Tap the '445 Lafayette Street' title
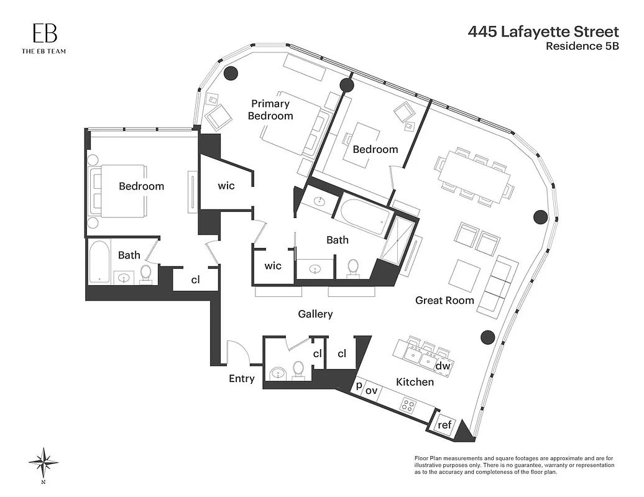pyautogui.click(x=543, y=32)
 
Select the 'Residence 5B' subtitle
pyautogui.click(x=582, y=45)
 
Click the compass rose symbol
pyautogui.click(x=44, y=462)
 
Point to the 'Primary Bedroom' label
pyautogui.click(x=270, y=110)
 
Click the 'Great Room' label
pyautogui.click(x=444, y=301)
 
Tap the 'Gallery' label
pyautogui.click(x=315, y=314)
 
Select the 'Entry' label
pyautogui.click(x=242, y=378)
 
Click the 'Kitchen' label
pyautogui.click(x=415, y=382)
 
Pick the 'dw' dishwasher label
pyautogui.click(x=443, y=367)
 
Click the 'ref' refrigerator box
pyautogui.click(x=444, y=426)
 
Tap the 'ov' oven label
pyautogui.click(x=371, y=390)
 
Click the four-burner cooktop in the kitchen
pyautogui.click(x=408, y=406)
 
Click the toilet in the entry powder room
pyautogui.click(x=298, y=369)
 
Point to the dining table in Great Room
pyautogui.click(x=474, y=176)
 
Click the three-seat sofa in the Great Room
pyautogui.click(x=500, y=286)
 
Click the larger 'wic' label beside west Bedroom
pyautogui.click(x=226, y=185)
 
